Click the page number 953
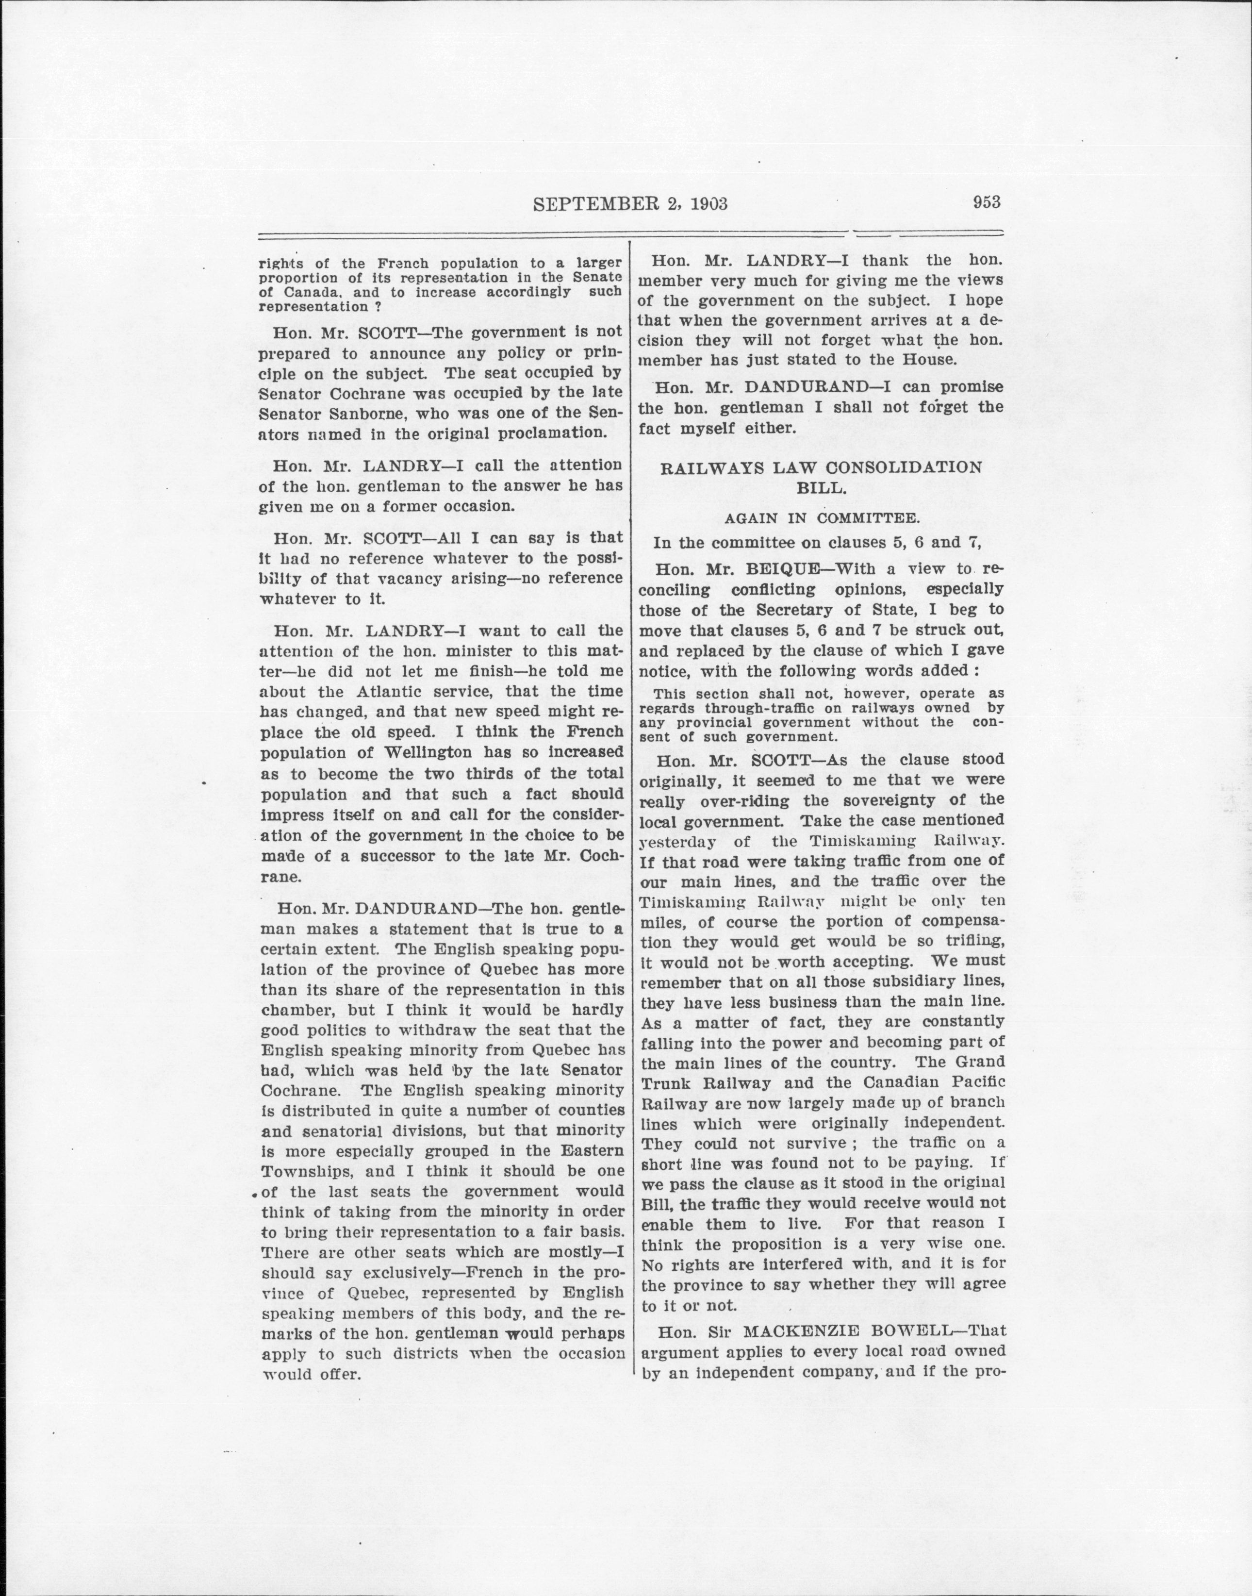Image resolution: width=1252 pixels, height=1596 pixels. pos(987,202)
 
